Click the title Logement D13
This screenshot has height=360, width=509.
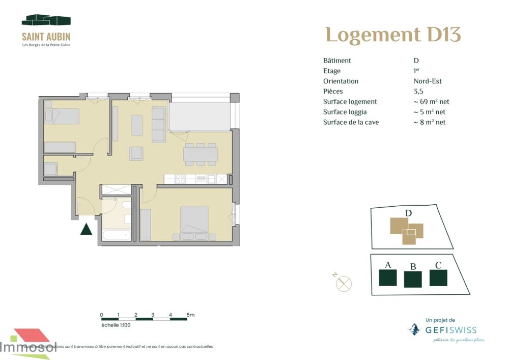pos(393,35)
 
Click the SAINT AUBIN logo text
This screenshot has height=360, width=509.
pos(46,37)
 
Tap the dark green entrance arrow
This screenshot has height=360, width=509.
pos(86,229)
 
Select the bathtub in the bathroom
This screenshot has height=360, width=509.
pos(117,234)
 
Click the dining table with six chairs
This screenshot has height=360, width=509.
pos(201,154)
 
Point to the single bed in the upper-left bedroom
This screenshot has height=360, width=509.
pos(62,116)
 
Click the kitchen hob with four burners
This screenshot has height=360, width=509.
pos(180,179)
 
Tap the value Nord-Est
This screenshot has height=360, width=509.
pos(428,81)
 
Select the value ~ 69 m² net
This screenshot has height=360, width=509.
pos(431,102)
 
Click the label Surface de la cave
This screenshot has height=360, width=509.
pos(351,122)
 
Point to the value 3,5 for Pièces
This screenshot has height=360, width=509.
pos(418,92)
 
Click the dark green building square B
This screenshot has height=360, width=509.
pos(413,279)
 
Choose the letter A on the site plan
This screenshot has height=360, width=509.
pos(388,265)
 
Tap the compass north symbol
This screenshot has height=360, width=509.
pos(344,283)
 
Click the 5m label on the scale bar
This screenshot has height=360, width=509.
pos(190,315)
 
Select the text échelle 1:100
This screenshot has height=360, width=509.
pos(116,325)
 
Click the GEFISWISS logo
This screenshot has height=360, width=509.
pos(444,330)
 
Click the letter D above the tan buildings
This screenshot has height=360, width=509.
pos(408,213)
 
